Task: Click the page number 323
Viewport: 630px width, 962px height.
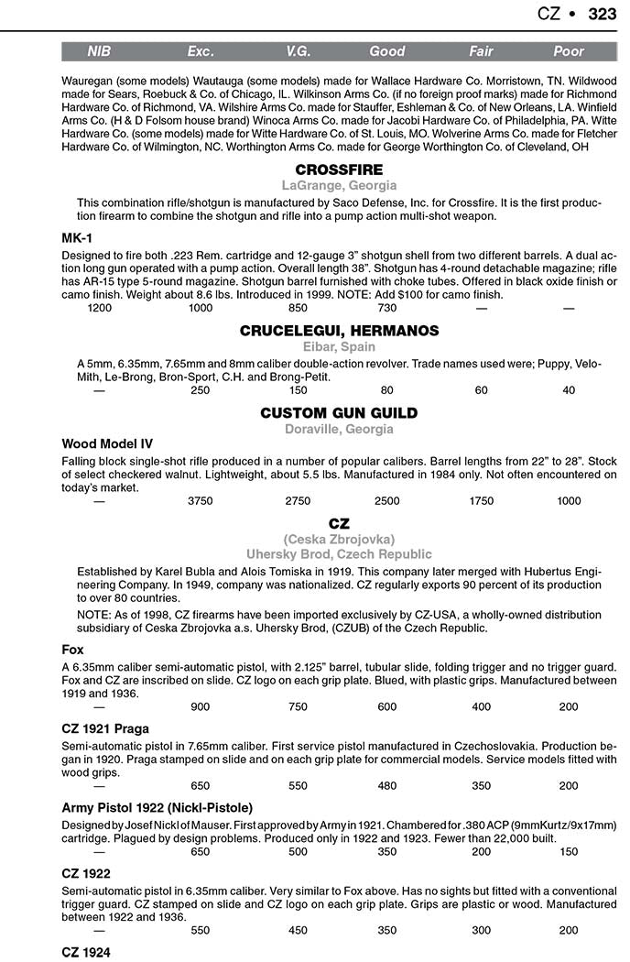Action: tap(602, 14)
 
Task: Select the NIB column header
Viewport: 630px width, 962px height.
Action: tap(98, 52)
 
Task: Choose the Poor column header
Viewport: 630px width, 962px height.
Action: tap(569, 52)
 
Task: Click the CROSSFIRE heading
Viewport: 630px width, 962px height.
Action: tap(339, 170)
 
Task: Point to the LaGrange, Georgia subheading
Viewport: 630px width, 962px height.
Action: tap(339, 186)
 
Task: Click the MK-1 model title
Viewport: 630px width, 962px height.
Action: tap(77, 238)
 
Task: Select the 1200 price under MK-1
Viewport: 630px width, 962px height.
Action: tap(100, 309)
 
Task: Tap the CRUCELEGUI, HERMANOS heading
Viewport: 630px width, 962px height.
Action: tap(339, 331)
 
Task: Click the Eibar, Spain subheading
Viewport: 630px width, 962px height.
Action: tap(339, 347)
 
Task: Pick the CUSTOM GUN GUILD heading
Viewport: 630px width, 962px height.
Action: tap(339, 413)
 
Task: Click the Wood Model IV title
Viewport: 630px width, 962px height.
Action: tap(107, 444)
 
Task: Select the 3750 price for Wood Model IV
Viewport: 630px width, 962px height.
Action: tap(200, 501)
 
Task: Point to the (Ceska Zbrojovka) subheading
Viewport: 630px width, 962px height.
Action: tap(339, 539)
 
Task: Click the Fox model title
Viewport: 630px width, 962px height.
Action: tap(72, 650)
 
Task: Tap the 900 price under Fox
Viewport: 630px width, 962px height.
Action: tap(200, 706)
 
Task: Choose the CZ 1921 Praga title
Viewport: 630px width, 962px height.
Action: tap(106, 728)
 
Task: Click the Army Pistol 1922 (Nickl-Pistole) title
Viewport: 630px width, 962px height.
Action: tap(157, 807)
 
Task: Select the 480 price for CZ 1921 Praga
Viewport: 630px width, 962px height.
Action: tap(387, 785)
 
